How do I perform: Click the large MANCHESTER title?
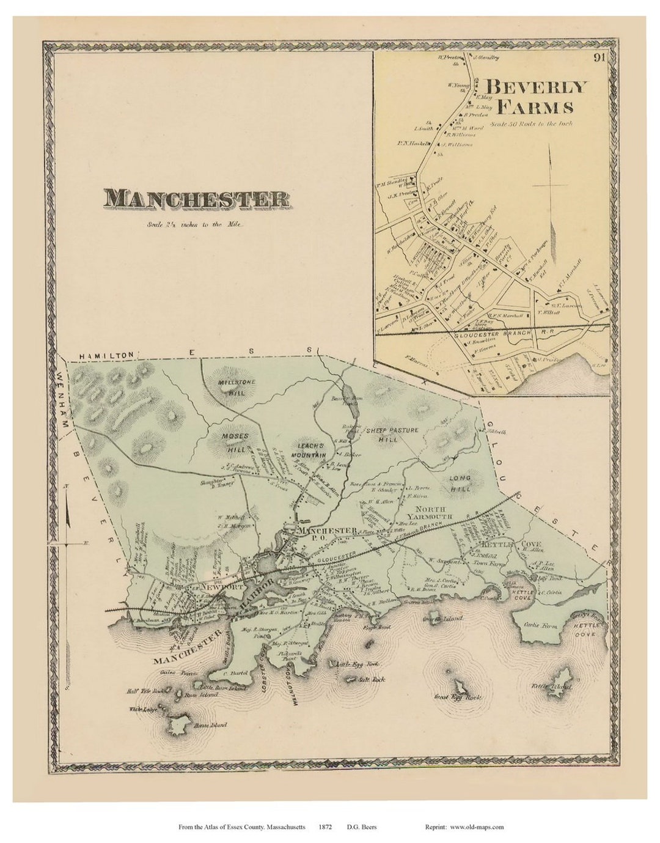point(196,199)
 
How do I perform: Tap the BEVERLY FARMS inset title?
point(535,97)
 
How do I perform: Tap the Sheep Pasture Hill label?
point(392,435)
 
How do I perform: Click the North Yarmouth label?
point(433,513)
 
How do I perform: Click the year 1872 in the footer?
point(324,827)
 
